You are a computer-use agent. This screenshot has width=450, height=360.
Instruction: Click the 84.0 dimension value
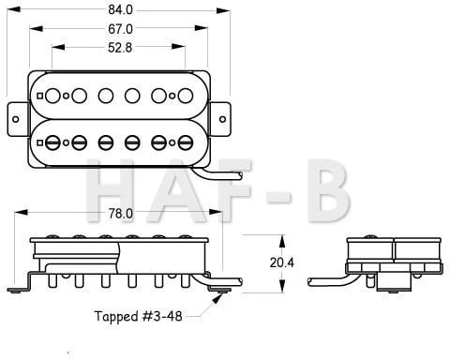pos(120,10)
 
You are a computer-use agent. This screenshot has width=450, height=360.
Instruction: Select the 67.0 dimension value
pos(120,29)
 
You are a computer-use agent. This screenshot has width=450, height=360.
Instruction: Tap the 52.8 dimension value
pos(120,48)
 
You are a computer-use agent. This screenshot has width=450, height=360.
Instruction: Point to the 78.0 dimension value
pos(120,214)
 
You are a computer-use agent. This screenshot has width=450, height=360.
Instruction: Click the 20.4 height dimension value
pos(282,262)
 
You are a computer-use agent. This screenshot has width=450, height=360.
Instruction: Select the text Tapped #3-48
pos(138,316)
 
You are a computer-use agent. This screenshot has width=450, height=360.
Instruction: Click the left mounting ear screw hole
pos(16,119)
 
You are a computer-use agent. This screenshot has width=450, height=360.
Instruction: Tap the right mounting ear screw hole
pos(222,119)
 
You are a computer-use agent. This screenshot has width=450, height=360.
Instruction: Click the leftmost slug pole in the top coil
pos(52,96)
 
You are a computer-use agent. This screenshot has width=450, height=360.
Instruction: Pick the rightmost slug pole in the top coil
pos(186,96)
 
